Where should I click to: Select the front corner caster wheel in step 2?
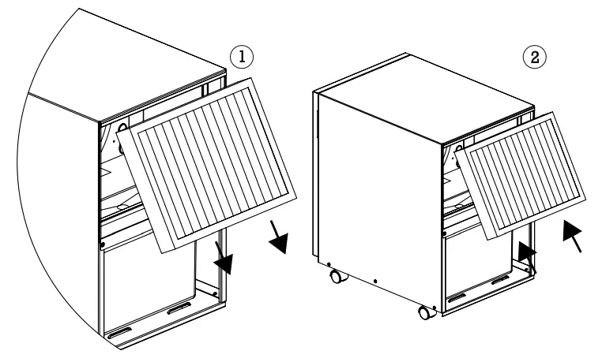[x=426, y=312]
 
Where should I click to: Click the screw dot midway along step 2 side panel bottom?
[x=375, y=279]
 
